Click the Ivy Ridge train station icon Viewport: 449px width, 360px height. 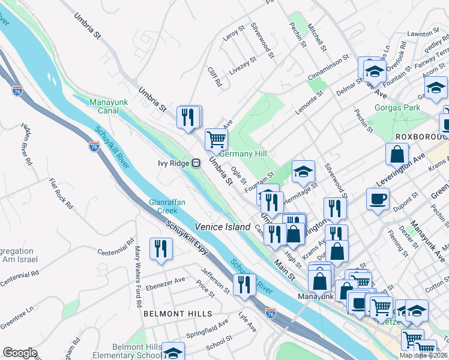tap(196, 163)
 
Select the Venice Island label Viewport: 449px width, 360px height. tap(221, 226)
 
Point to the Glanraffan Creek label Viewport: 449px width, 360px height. tap(163, 206)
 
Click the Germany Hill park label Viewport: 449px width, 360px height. tap(243, 154)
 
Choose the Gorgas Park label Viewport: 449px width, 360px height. tap(397, 108)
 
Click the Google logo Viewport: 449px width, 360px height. tap(20, 353)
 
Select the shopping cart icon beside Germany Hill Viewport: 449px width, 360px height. tap(216, 139)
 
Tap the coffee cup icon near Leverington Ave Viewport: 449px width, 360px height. tap(378, 199)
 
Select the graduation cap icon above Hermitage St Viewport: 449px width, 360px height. tap(303, 172)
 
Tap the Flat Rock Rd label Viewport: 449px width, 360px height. tap(61, 193)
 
